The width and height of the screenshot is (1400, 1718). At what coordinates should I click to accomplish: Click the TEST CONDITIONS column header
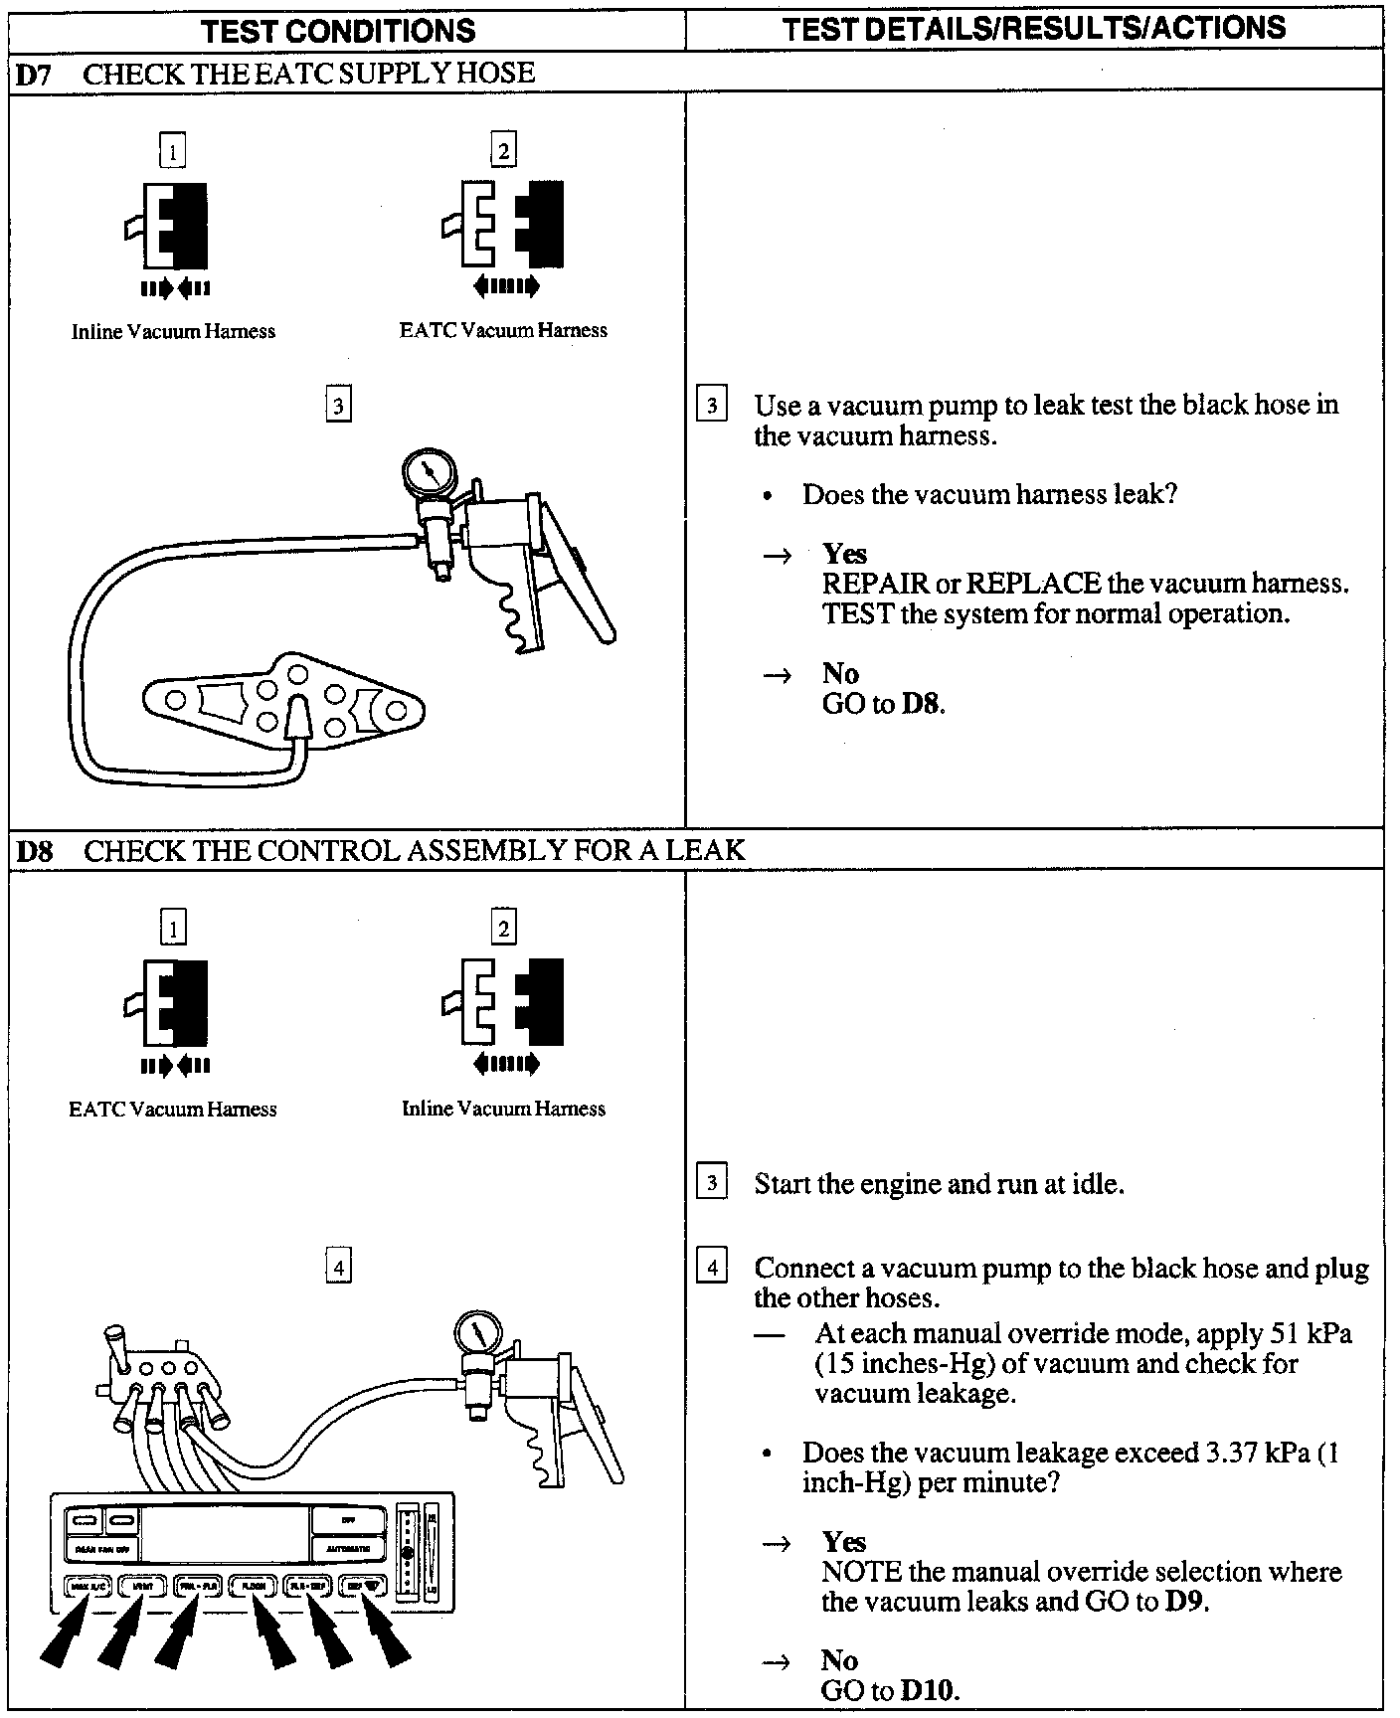coord(338,30)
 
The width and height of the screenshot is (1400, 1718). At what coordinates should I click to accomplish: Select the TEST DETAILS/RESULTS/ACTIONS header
coord(1033,28)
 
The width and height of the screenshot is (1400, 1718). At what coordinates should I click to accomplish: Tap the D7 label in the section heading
coord(34,75)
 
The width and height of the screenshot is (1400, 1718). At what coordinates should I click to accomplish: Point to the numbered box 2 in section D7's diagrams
coord(503,151)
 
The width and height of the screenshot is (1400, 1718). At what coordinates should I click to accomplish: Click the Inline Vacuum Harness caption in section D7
coord(173,332)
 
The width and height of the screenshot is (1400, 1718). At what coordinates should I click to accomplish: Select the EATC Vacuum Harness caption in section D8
coord(173,1109)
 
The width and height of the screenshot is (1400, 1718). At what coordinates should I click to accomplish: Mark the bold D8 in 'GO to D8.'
coord(921,705)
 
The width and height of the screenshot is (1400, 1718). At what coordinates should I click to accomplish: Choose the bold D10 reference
coord(930,1689)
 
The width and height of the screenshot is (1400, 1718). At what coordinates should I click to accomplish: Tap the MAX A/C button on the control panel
coord(87,1587)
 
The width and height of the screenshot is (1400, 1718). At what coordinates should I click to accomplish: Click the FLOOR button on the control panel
coord(253,1587)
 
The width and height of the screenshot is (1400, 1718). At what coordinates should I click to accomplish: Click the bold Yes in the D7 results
coord(844,554)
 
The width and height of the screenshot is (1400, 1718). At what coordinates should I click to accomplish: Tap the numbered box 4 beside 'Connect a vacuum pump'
coord(712,1268)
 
